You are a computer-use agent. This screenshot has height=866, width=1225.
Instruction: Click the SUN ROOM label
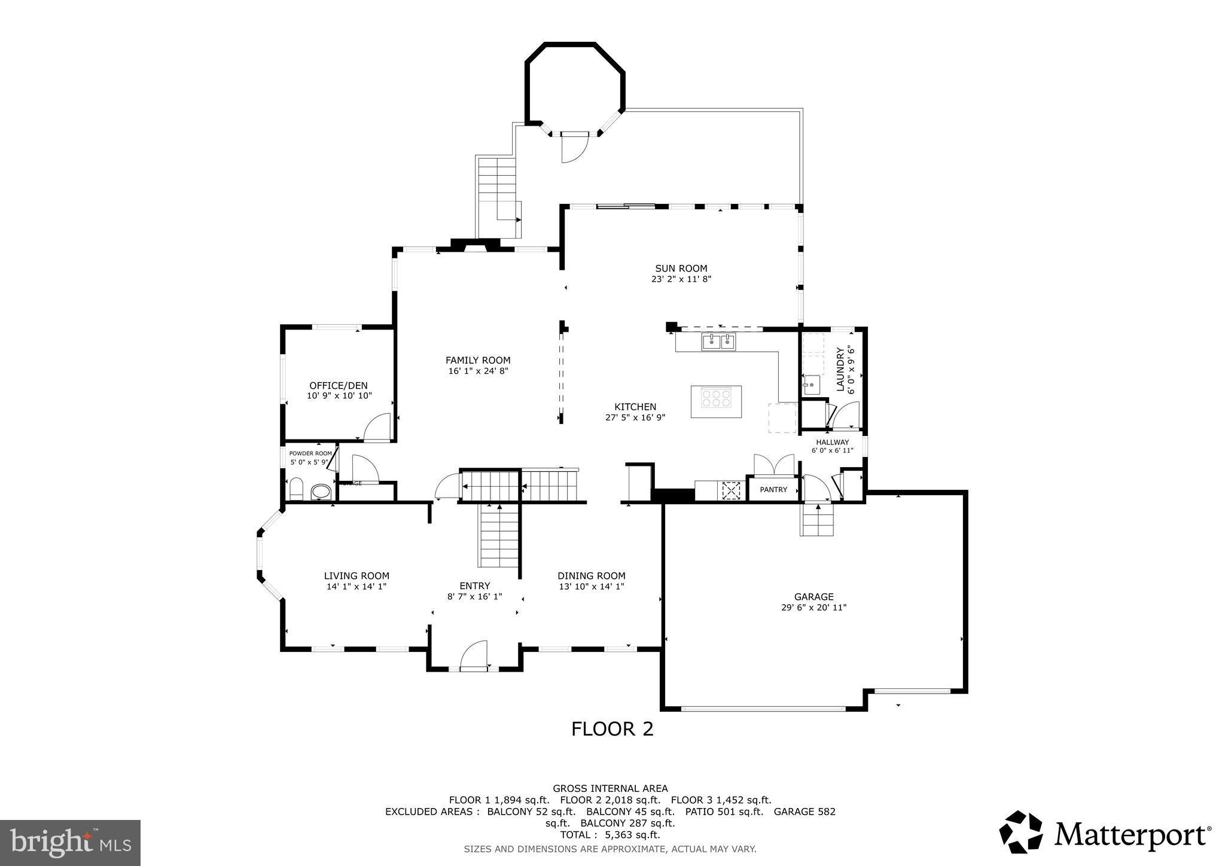pos(681,269)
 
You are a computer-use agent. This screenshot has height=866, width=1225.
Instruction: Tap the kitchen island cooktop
pos(716,398)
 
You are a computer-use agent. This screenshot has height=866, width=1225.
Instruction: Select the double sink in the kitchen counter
pos(718,342)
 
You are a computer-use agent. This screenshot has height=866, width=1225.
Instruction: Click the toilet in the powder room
pos(296,489)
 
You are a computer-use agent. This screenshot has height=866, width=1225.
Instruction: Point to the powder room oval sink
pos(321,492)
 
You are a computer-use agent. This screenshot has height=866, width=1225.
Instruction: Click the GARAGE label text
pos(813,596)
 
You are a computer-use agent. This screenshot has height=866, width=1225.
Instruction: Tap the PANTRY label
pos(773,490)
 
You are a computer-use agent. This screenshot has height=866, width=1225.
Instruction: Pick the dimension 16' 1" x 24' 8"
pos(477,371)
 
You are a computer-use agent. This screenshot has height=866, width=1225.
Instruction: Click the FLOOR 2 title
pos(612,729)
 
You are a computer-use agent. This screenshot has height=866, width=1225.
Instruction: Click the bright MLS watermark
pos(70,843)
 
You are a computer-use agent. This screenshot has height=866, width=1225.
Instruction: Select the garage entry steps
pos(817,520)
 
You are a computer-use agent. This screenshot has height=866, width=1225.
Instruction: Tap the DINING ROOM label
pos(591,575)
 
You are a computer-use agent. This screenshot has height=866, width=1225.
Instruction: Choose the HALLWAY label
pos(832,442)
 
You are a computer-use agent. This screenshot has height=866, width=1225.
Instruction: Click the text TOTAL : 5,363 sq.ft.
pos(610,835)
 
